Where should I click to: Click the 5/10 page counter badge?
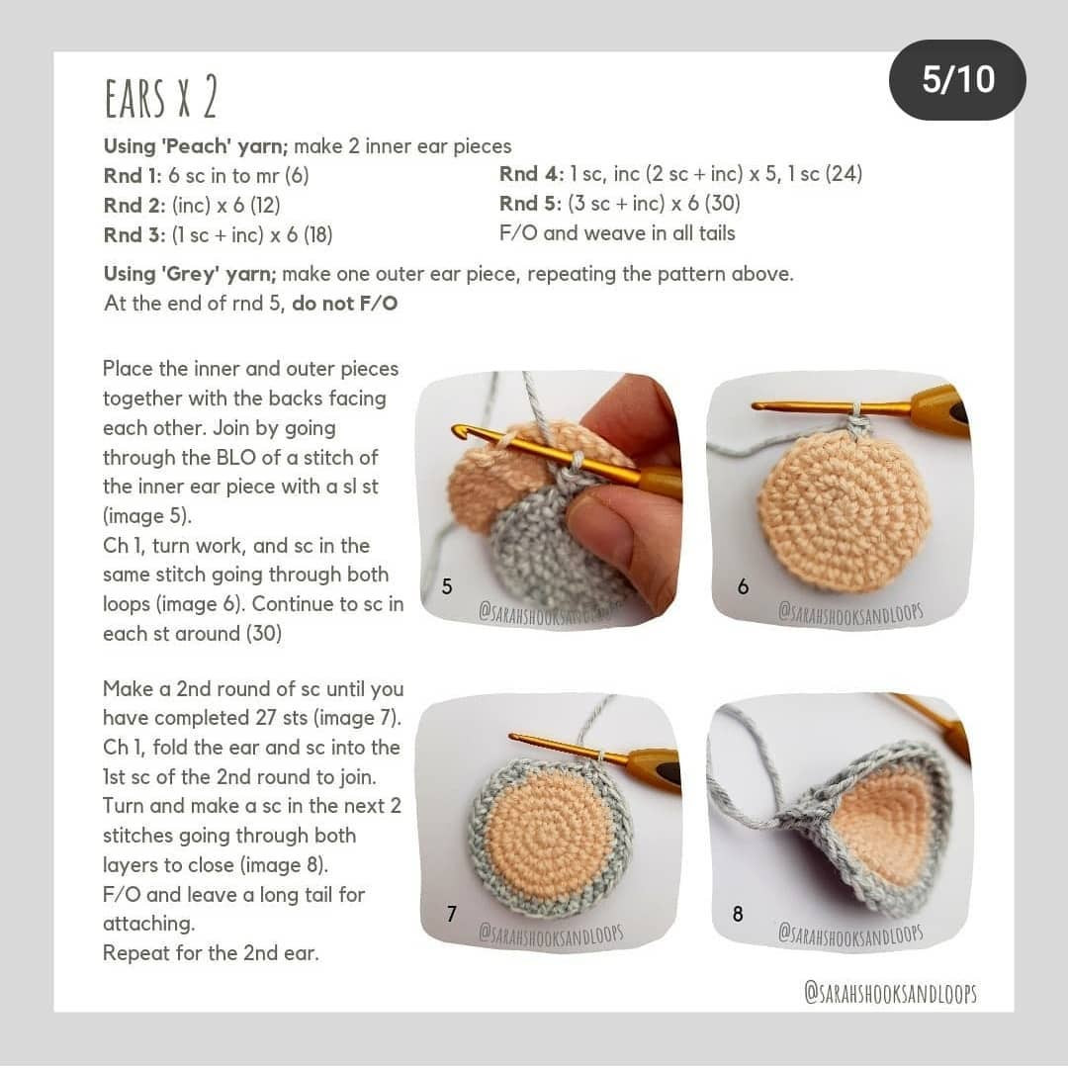click(957, 80)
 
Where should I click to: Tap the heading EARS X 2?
click(160, 99)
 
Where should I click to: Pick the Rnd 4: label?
click(531, 174)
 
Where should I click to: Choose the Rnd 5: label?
click(531, 204)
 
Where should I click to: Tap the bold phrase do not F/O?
click(344, 304)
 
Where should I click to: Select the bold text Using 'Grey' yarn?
click(190, 274)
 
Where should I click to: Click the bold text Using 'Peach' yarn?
click(196, 146)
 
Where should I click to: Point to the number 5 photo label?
click(447, 586)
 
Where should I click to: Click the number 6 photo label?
click(743, 586)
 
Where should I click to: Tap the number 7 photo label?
click(451, 914)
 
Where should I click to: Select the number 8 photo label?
click(738, 914)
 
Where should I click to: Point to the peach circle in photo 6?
click(844, 510)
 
